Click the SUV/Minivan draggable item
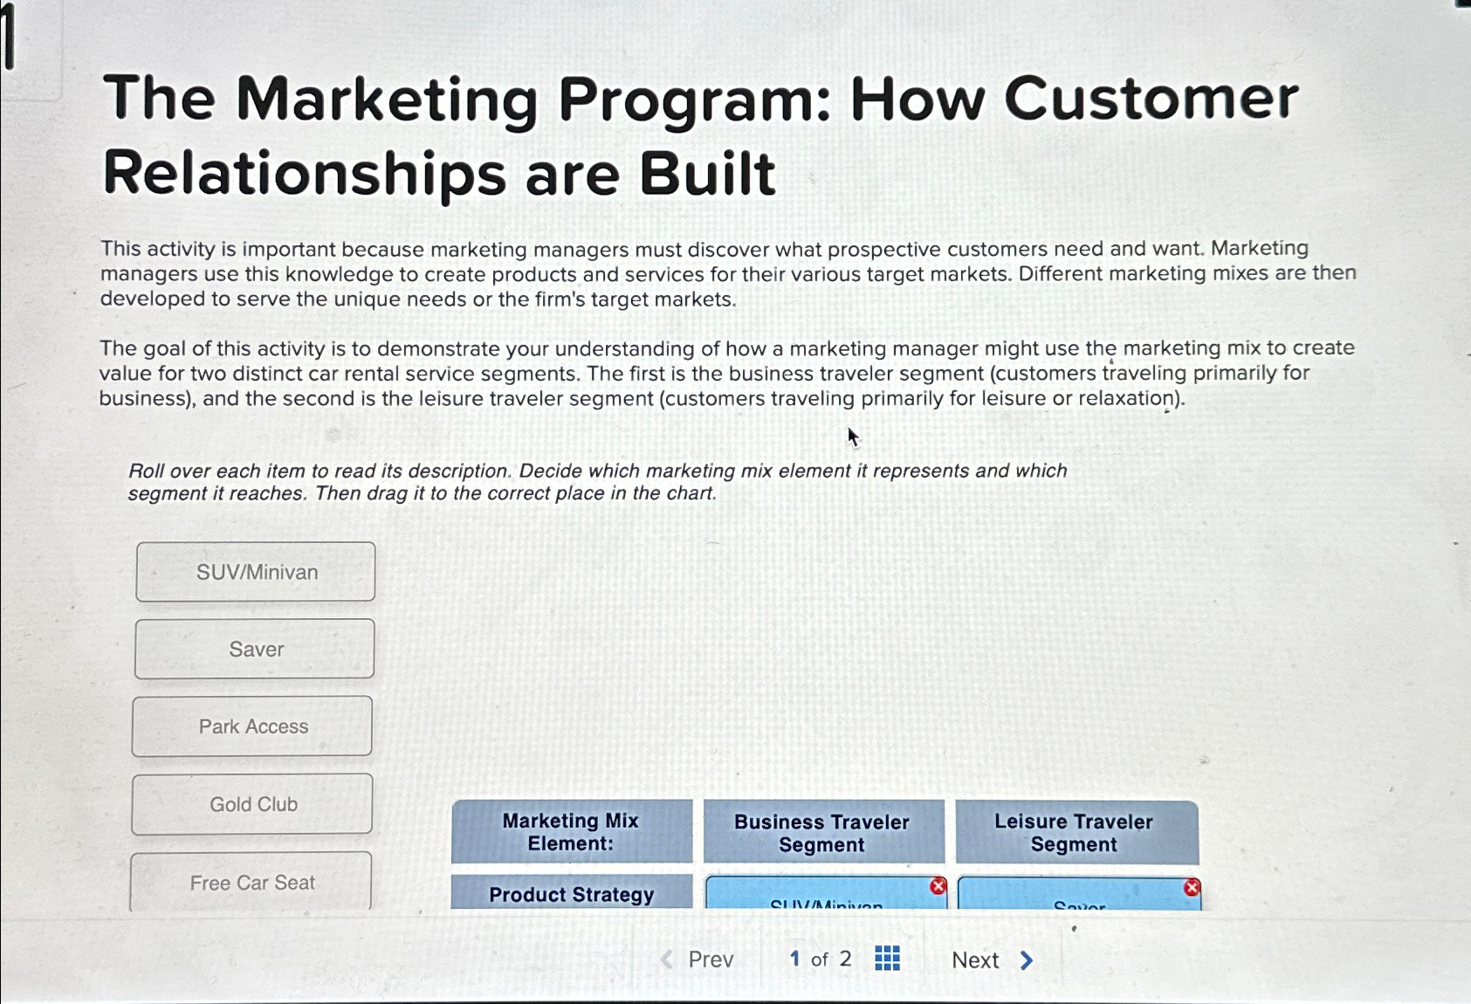[256, 572]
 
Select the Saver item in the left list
[255, 649]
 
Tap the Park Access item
[252, 726]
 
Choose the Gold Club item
[252, 804]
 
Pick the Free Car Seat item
[251, 882]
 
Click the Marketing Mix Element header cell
[571, 832]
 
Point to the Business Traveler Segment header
[822, 833]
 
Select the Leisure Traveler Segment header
[1074, 833]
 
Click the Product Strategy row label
[571, 894]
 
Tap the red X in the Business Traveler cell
[938, 886]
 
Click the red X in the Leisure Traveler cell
[1192, 888]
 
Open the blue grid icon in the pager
[887, 959]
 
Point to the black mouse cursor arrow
[852, 436]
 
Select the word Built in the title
[707, 174]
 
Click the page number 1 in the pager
[794, 959]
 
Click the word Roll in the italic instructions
[147, 471]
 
